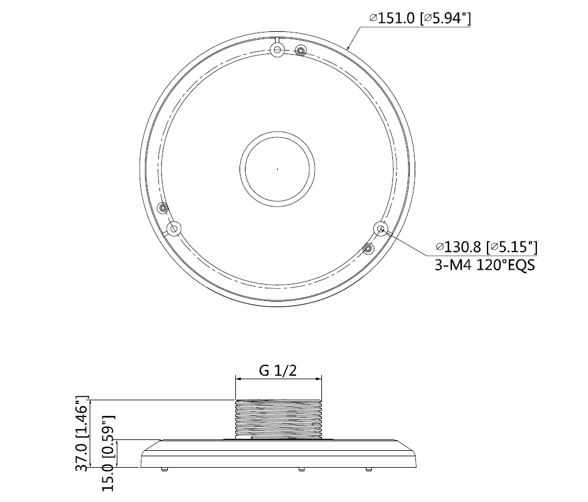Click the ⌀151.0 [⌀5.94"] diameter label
click(x=419, y=18)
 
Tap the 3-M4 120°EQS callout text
click(x=484, y=265)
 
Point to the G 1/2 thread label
click(x=277, y=370)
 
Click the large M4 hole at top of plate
click(x=277, y=49)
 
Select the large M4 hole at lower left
click(x=174, y=229)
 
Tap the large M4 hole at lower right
click(x=381, y=229)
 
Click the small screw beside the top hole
click(x=301, y=51)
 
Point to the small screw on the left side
click(x=162, y=208)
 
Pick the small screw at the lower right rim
click(x=368, y=248)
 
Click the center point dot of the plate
click(x=277, y=169)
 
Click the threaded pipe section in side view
click(x=277, y=419)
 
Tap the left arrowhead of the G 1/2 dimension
click(x=238, y=379)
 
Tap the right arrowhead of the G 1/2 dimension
click(x=318, y=379)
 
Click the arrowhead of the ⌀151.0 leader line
click(x=349, y=47)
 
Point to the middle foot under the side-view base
click(x=300, y=469)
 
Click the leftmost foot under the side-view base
click(x=164, y=469)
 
